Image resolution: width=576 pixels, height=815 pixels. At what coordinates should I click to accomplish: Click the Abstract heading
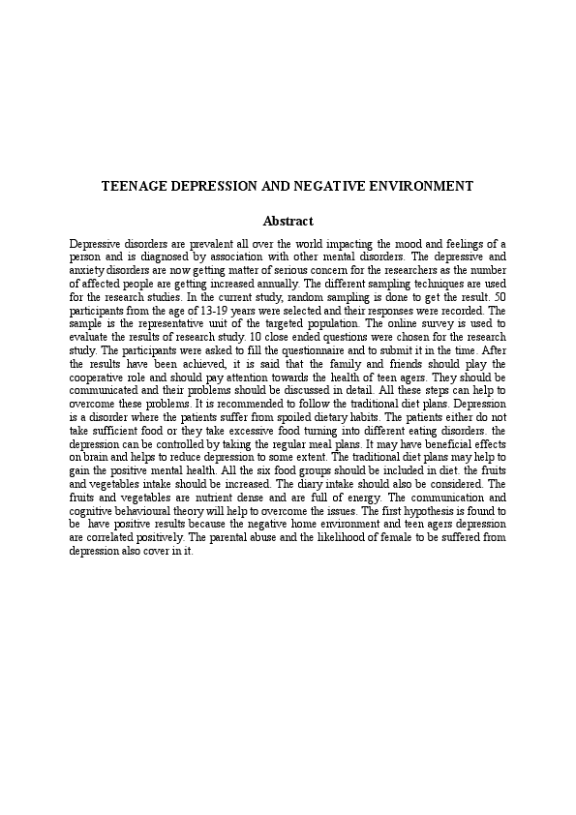pyautogui.click(x=288, y=222)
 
